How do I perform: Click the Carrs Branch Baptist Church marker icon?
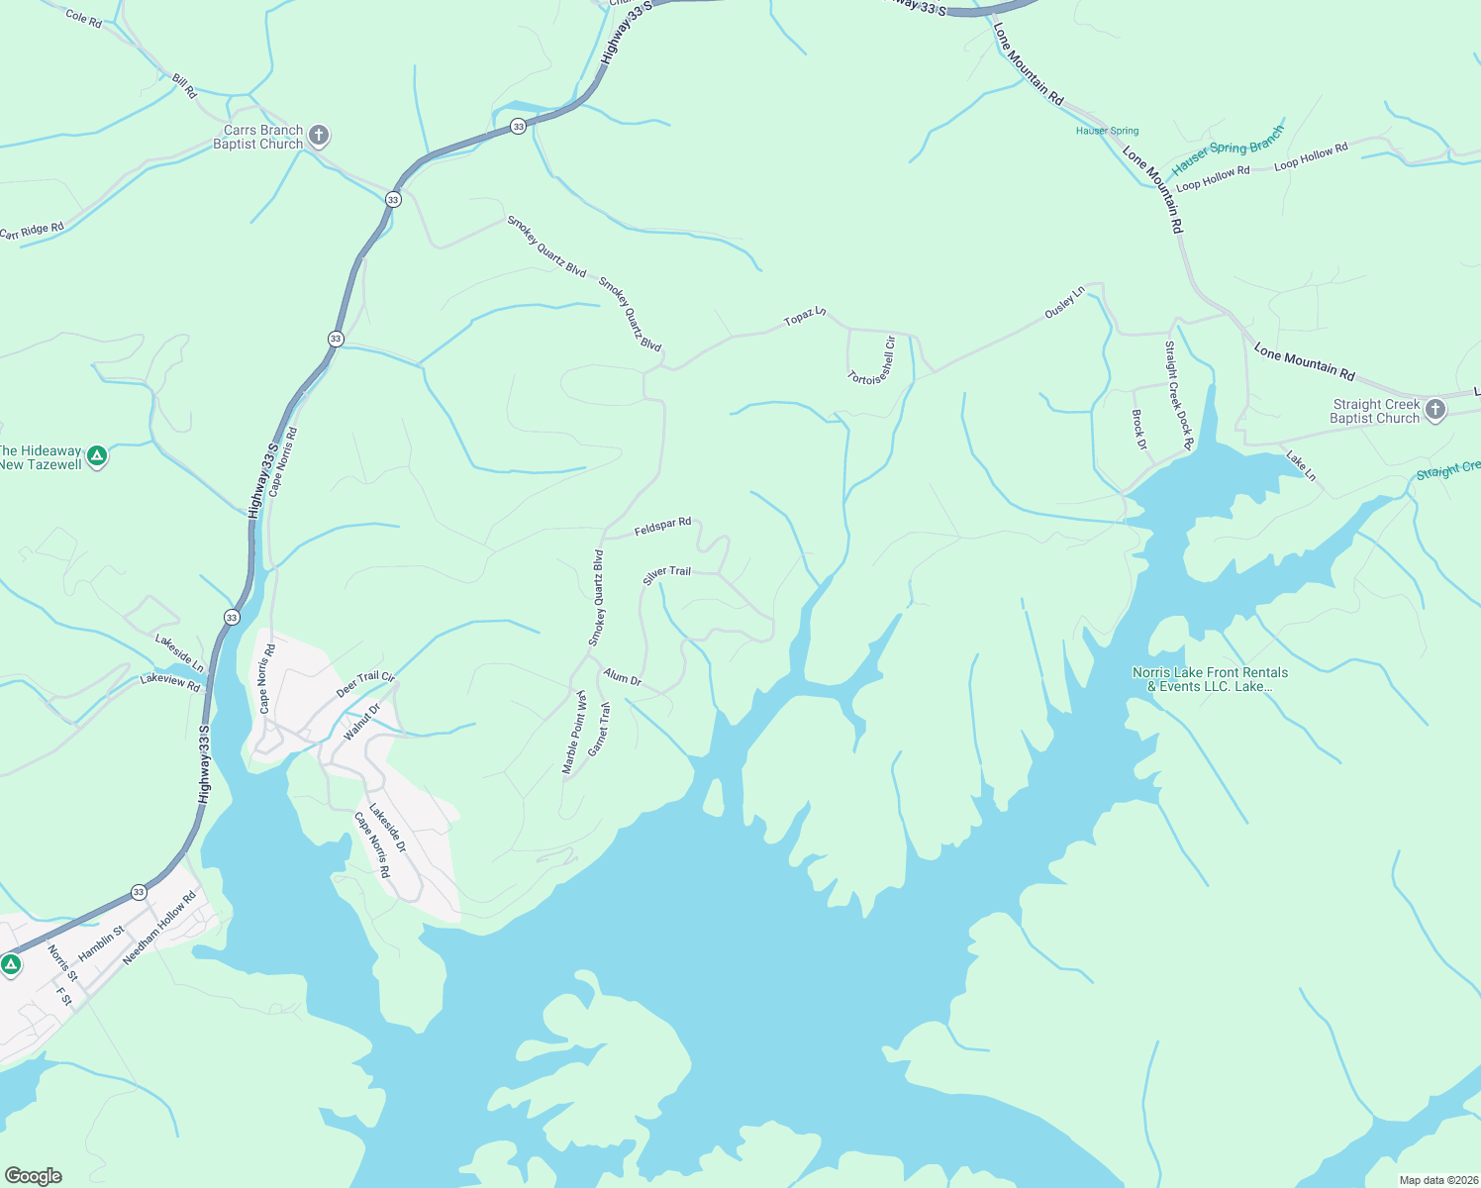coord(318,135)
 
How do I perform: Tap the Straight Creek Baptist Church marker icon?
coord(1435,410)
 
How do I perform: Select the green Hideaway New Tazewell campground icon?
coord(96,455)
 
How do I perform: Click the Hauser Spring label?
coord(1107,131)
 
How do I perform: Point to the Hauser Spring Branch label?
coord(1228,150)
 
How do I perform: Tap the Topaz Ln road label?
coord(804,317)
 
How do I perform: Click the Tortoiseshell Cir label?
coord(872,363)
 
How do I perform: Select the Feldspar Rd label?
coord(662,527)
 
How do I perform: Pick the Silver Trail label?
coord(667,574)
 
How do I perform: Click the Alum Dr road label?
coord(623,678)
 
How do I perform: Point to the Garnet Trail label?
coord(600,730)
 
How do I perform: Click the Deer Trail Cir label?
coord(365,683)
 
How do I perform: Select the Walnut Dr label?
coord(361,722)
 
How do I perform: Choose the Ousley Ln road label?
coord(1065,302)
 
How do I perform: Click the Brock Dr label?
coord(1139,430)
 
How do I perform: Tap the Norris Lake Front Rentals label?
coord(1210,679)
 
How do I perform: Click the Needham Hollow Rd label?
coord(159,928)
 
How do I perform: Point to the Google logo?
coord(33,1175)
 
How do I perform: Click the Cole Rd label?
coord(83,18)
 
